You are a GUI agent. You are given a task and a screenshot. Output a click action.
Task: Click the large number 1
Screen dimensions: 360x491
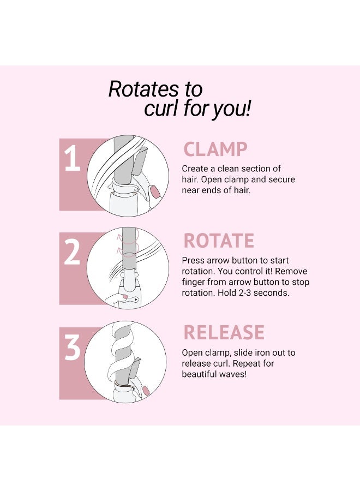pos(73,159)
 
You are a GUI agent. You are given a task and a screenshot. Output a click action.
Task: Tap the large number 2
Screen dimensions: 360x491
pos(72,253)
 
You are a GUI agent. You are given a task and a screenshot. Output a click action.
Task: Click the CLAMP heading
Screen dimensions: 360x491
pos(215,149)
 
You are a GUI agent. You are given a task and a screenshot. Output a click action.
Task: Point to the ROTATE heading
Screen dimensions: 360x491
pos(219,241)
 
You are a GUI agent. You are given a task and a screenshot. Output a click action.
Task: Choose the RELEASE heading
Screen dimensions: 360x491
pos(224,333)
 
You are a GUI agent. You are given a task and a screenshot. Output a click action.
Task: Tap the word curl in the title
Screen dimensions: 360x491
pos(162,108)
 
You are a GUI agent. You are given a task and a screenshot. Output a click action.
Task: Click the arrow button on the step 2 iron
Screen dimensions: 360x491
pos(135,300)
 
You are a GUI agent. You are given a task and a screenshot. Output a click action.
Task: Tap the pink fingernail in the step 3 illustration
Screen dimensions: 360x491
pos(146,390)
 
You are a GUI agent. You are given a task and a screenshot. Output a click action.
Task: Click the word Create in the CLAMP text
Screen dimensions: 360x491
pos(195,169)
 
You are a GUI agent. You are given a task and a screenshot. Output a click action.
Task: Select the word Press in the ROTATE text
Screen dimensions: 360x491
pos(193,261)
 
